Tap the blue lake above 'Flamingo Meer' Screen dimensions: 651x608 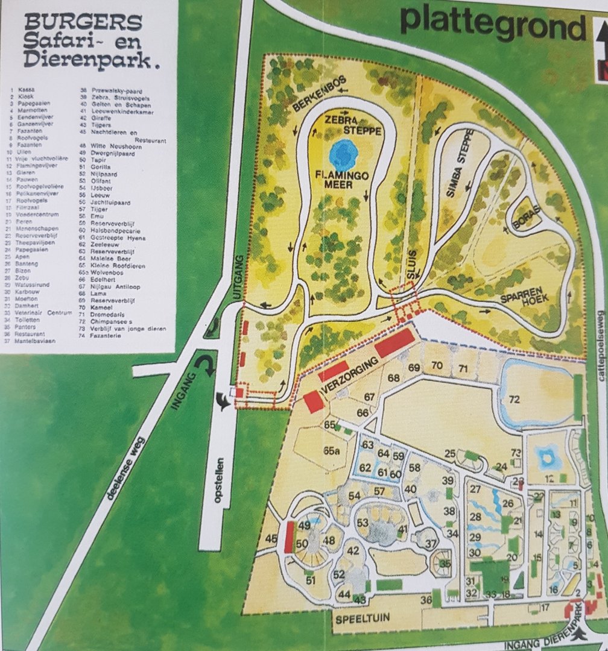(344, 154)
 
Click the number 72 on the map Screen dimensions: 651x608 (514, 399)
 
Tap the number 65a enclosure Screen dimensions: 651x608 (332, 450)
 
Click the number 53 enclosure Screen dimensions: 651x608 (363, 521)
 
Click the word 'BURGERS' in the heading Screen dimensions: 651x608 (84, 23)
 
